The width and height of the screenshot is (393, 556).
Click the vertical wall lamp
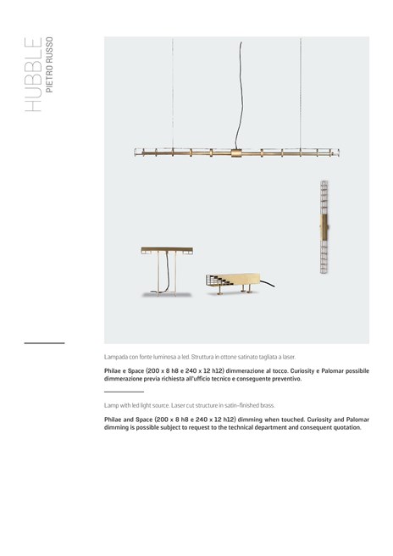324,227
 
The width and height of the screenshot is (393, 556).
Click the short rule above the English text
123,392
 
